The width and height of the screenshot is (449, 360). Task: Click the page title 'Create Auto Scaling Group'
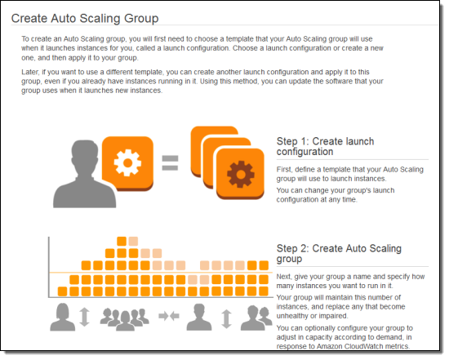(x=85, y=18)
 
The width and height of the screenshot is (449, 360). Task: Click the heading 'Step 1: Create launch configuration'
(x=325, y=146)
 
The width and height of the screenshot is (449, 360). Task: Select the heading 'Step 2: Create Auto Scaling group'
(x=339, y=253)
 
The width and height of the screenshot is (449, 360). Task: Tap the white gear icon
(x=127, y=162)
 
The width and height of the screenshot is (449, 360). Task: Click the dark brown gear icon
(x=241, y=174)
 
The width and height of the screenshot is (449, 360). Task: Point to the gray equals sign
(x=170, y=162)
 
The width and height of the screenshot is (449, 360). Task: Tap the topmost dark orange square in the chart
(x=122, y=241)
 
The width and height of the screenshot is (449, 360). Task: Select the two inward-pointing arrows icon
(x=169, y=316)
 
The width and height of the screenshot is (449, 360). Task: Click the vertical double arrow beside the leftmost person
(x=84, y=317)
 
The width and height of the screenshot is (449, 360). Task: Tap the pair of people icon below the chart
(x=256, y=318)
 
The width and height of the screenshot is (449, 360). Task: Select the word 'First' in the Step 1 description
(x=284, y=170)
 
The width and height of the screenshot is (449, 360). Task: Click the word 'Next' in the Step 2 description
(x=284, y=277)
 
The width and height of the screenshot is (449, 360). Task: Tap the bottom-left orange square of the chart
(x=62, y=291)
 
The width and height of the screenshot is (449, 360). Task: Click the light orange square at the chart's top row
(x=133, y=241)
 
